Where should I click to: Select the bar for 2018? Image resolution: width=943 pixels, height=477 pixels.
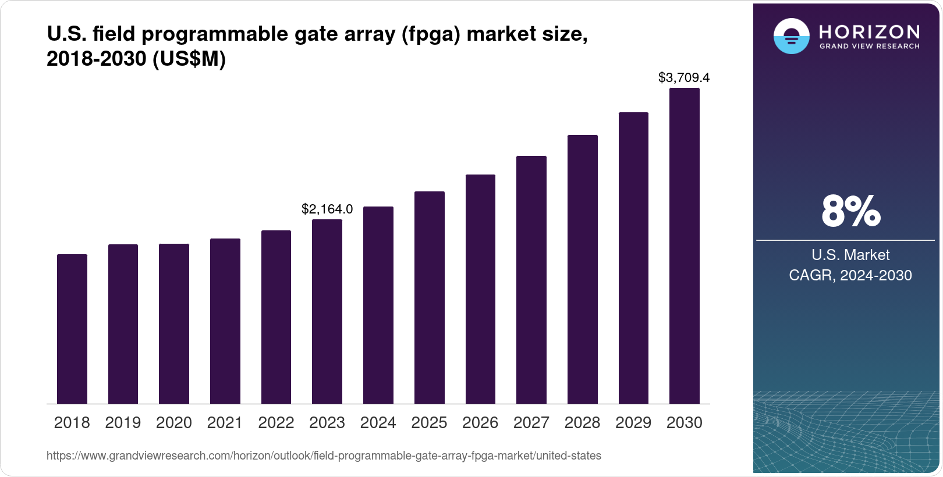(x=72, y=329)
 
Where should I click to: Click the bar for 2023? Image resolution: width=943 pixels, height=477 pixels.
(x=327, y=311)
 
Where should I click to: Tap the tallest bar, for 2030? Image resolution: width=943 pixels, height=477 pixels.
(x=685, y=245)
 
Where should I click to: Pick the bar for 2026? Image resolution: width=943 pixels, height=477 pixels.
(x=480, y=289)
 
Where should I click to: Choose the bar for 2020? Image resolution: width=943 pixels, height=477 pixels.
(x=174, y=323)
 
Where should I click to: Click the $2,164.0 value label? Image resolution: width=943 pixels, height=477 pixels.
(x=327, y=209)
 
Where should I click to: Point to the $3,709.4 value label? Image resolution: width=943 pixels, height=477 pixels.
(x=684, y=77)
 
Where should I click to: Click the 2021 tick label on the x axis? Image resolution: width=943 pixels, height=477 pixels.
(x=225, y=423)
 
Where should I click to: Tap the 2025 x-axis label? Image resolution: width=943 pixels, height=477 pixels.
(x=429, y=423)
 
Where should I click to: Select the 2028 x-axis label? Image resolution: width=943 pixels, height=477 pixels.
(x=582, y=423)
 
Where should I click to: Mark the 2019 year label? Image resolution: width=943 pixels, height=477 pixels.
(x=123, y=423)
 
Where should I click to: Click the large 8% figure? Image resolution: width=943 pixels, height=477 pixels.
(x=850, y=211)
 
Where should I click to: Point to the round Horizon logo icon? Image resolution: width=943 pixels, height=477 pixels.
(x=791, y=36)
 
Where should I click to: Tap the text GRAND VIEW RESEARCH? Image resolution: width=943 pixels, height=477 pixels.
(x=870, y=47)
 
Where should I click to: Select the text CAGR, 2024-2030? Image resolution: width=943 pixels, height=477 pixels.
(x=850, y=275)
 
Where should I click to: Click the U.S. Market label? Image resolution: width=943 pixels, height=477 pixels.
(x=850, y=255)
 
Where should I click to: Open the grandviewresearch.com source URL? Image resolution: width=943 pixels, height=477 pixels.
(x=324, y=455)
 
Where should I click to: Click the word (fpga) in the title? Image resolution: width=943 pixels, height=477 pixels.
(x=431, y=34)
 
